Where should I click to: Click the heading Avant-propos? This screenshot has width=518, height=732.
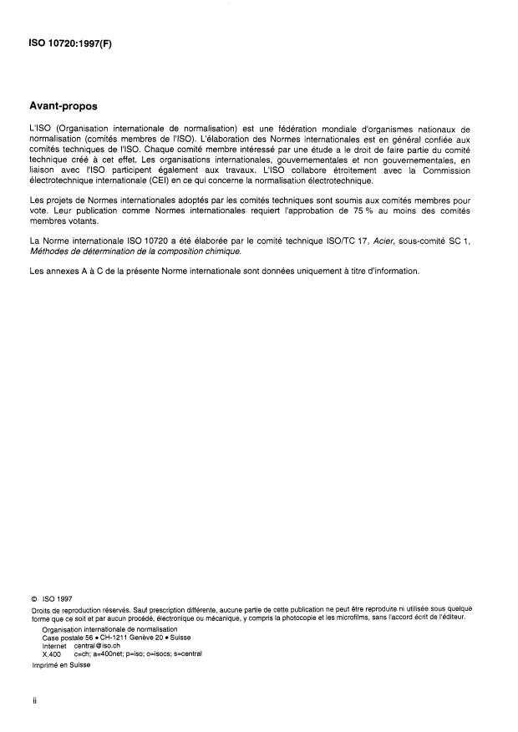click(63, 107)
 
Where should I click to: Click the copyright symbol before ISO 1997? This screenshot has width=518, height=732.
click(34, 597)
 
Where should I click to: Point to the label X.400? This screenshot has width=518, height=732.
click(52, 653)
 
